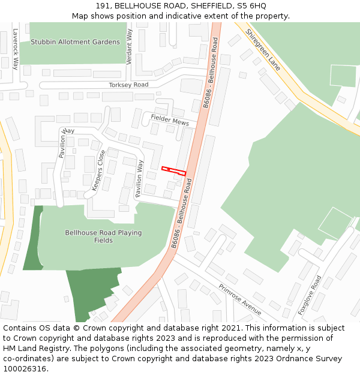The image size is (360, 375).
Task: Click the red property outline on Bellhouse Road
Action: (x=173, y=171)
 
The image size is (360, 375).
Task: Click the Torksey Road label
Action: (x=128, y=85)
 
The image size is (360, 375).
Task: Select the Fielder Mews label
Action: (x=170, y=119)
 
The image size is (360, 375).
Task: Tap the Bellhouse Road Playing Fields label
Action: (x=103, y=236)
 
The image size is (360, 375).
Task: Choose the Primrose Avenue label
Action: (x=240, y=299)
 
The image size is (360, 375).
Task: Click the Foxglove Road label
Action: (x=310, y=295)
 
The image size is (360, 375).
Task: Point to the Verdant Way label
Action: (x=129, y=46)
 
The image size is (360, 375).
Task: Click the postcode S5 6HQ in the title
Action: (x=252, y=6)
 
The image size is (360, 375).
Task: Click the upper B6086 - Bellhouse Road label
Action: (x=211, y=72)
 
